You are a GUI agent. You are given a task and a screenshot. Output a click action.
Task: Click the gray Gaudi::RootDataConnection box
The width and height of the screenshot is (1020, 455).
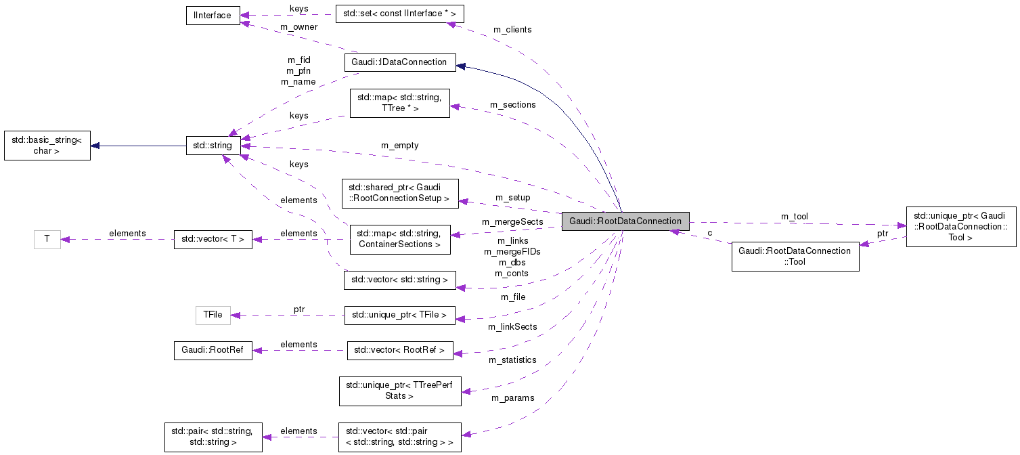tap(625, 221)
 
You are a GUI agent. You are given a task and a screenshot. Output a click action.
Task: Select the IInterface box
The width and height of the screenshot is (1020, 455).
tap(213, 15)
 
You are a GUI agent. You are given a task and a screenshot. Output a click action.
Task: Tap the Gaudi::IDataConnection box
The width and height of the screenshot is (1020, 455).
tap(399, 62)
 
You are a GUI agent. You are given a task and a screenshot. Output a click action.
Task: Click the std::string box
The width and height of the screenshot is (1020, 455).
tap(214, 145)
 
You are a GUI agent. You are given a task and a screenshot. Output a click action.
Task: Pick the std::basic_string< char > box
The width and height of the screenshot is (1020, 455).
tap(47, 146)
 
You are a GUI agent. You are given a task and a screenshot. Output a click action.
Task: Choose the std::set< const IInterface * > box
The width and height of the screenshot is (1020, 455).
tap(399, 14)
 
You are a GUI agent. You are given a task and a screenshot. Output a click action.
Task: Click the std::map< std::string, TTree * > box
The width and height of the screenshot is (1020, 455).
tap(399, 103)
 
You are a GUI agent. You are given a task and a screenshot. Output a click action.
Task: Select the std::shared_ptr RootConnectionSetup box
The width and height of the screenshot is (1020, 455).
tap(400, 193)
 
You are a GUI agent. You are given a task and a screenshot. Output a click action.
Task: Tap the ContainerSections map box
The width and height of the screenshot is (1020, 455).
tap(399, 239)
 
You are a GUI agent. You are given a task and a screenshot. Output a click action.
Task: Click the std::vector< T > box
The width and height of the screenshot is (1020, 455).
tap(213, 239)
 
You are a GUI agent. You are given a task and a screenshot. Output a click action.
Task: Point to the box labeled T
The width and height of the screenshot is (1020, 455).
tap(47, 239)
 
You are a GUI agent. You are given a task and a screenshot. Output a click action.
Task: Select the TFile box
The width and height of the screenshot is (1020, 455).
tap(213, 315)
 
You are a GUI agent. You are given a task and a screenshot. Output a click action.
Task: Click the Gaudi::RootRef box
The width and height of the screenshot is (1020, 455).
tap(213, 351)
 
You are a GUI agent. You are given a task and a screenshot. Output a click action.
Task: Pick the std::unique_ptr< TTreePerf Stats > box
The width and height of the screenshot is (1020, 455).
tap(399, 391)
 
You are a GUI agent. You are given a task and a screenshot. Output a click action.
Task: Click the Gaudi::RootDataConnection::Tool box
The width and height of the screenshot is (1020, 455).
tap(795, 257)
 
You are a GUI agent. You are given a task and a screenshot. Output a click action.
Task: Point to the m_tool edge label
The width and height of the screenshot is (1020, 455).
tap(794, 217)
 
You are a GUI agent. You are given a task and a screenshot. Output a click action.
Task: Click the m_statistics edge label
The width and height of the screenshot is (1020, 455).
tap(512, 360)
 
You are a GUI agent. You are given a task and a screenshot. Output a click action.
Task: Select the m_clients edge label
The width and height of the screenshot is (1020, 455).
tap(512, 30)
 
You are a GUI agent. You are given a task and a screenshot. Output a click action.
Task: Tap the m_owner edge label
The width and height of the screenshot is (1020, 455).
tap(298, 27)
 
